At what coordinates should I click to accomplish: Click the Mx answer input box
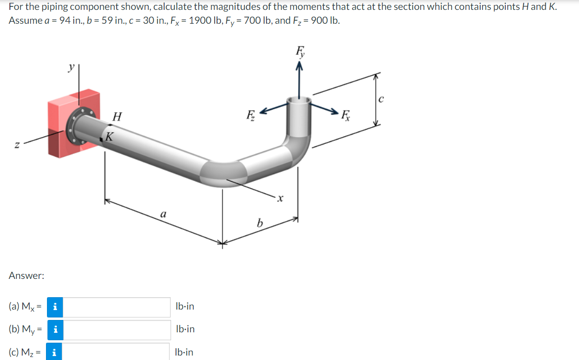[117, 307]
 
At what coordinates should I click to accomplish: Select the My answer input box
[117, 330]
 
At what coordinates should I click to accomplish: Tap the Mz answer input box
[117, 352]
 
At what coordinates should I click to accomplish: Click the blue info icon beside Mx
[55, 307]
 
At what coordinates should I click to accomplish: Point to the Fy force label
[300, 51]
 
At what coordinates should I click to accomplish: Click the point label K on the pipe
[110, 135]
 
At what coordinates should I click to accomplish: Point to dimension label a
[163, 214]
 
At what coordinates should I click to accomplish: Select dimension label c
[380, 99]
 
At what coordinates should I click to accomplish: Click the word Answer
[27, 276]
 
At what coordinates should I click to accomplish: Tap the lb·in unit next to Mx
[184, 307]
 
